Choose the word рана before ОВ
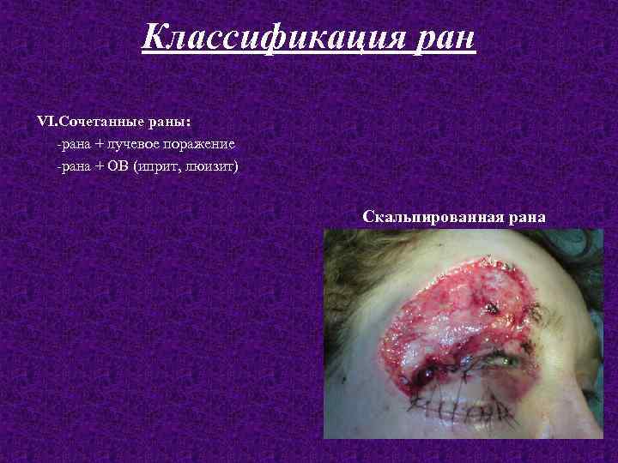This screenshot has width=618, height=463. pos(73,165)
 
